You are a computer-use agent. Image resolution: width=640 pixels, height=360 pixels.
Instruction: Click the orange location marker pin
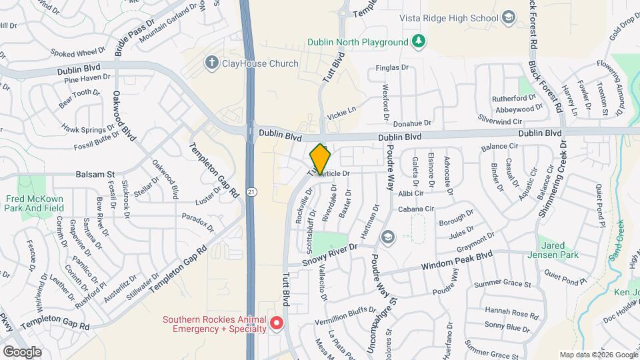coord(321,159)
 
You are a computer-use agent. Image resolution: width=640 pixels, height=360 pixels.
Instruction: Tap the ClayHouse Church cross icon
coord(211,63)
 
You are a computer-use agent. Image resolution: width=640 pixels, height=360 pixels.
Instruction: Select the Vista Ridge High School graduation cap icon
coord(509,17)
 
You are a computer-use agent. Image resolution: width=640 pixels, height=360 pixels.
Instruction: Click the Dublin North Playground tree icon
coord(418,42)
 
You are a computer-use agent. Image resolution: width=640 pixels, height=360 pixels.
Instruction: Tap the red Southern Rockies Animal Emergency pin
coord(276,324)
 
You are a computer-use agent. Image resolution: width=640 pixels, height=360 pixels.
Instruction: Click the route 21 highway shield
coord(250,192)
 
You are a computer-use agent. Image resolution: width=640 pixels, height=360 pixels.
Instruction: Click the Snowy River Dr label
coord(331,255)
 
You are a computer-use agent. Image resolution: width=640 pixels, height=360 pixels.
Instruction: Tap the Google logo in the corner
coord(23,351)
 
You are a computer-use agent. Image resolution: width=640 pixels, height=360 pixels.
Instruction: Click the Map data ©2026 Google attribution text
coord(597,355)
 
